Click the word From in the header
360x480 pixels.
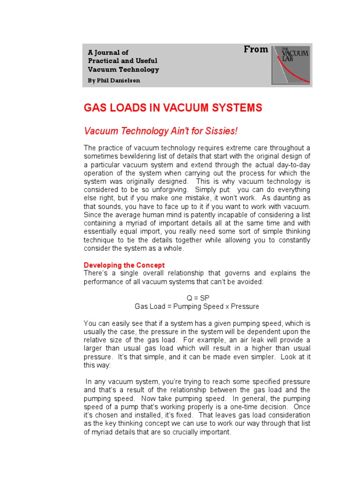coord(256,50)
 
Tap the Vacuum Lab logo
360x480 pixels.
coord(292,65)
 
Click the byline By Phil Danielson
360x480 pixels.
coord(114,80)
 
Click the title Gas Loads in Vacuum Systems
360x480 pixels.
coord(172,108)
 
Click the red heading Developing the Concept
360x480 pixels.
coord(124,265)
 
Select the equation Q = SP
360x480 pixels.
coord(197,298)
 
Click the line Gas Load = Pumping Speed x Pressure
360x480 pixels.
coord(197,307)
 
